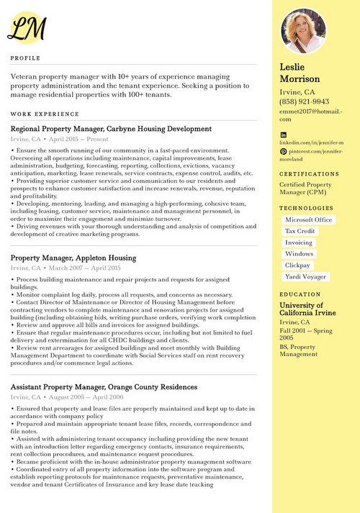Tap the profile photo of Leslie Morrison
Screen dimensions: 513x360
click(x=302, y=31)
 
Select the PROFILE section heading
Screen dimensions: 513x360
click(x=25, y=58)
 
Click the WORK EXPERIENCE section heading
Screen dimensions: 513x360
click(x=45, y=114)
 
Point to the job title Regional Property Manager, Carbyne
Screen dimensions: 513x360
click(x=111, y=129)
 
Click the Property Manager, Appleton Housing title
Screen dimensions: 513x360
click(x=73, y=257)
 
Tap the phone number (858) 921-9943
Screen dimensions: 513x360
click(x=304, y=102)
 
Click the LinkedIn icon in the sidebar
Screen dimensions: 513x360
click(x=283, y=135)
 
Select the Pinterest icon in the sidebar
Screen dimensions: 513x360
click(x=283, y=151)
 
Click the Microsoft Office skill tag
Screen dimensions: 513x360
click(x=308, y=219)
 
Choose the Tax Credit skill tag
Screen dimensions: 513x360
click(x=300, y=231)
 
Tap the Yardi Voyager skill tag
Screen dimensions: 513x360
click(x=305, y=276)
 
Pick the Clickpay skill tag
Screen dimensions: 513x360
click(x=298, y=265)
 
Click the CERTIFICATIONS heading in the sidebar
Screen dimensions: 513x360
click(x=310, y=174)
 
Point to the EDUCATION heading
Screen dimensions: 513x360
click(x=300, y=294)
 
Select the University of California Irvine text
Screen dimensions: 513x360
click(x=307, y=310)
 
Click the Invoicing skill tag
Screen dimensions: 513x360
click(x=299, y=242)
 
